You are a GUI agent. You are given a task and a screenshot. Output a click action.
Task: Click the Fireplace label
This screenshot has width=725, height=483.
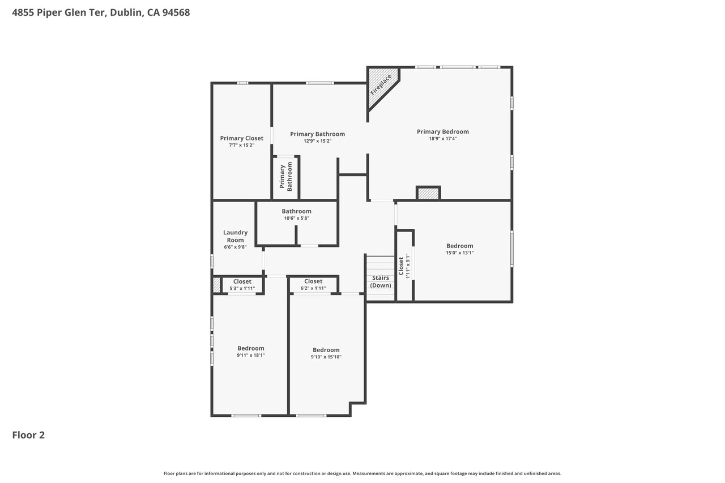pos(381,85)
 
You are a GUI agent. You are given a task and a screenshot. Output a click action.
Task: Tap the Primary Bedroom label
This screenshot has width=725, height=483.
pos(443,132)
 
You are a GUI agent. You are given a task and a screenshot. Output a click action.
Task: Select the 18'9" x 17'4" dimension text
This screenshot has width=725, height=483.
pos(443,139)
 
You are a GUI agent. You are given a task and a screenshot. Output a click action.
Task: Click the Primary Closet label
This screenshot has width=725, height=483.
pos(242,138)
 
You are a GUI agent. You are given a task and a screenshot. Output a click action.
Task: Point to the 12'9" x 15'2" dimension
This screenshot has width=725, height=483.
pos(318,141)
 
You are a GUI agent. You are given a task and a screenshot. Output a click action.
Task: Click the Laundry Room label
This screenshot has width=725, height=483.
pos(235,236)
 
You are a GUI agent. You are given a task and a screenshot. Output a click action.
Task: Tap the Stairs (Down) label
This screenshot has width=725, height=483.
pos(381,281)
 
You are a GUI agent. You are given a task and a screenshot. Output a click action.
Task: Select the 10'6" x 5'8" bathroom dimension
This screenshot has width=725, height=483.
pos(296,219)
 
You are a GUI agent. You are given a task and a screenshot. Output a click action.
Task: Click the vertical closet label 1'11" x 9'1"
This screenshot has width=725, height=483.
pos(404,266)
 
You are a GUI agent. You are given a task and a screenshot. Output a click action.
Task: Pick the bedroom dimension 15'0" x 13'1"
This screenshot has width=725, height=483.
pos(459,253)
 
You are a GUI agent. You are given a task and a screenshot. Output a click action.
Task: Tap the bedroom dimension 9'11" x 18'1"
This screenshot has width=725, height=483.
pos(251,355)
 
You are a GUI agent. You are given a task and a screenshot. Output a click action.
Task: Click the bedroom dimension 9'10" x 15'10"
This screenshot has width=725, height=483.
pos(326,357)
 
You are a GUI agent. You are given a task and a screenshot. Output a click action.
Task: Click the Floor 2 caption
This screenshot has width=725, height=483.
pos(28,435)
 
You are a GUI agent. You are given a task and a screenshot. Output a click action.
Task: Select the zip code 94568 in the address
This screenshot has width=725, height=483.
pos(176,12)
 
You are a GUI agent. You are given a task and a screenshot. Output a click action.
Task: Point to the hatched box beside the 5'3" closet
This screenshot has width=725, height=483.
pos(216,285)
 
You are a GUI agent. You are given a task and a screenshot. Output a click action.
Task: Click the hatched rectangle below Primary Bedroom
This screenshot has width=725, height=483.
pos(428,194)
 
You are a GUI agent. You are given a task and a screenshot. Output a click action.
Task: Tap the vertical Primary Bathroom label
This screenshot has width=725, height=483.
pos(286,177)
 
